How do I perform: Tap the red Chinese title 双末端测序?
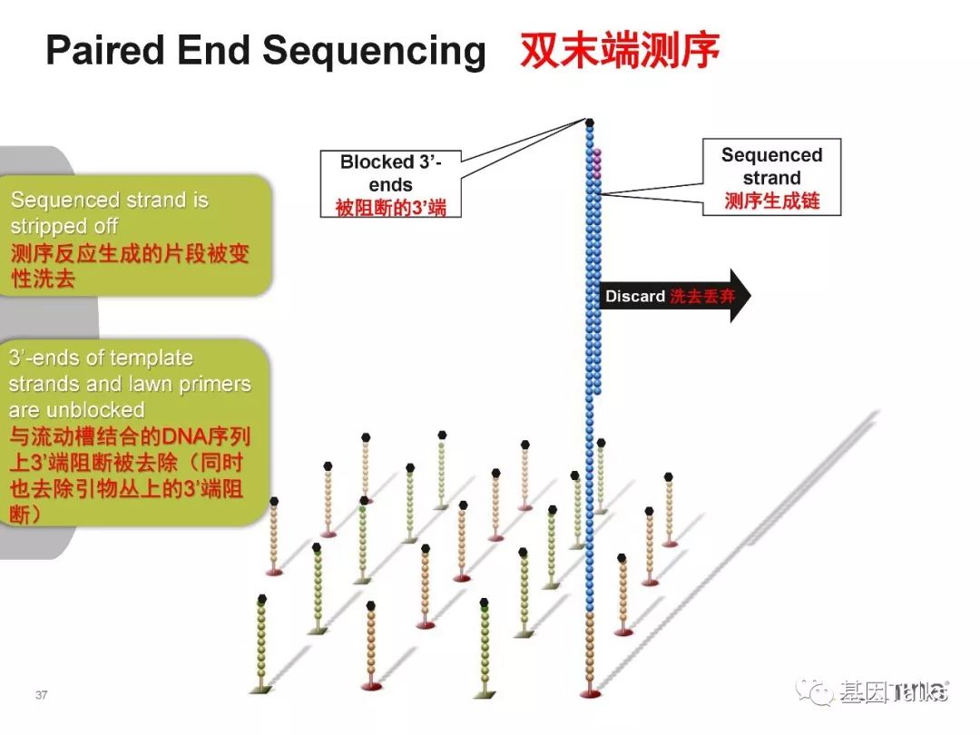[x=620, y=51]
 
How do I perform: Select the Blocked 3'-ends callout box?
[x=390, y=185]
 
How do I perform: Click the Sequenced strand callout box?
[x=771, y=177]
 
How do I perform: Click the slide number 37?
[x=41, y=695]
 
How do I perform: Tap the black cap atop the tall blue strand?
[x=590, y=122]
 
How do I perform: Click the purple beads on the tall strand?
[x=597, y=162]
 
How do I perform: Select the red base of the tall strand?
[x=591, y=694]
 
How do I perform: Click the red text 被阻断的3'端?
[x=390, y=208]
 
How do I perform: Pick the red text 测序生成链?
[x=771, y=201]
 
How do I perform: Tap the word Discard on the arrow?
[x=635, y=297]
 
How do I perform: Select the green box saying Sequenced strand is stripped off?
[x=136, y=236]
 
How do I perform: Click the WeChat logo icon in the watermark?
[x=814, y=691]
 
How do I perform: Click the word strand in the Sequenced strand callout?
[x=771, y=178]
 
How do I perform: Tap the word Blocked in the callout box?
[x=377, y=162]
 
